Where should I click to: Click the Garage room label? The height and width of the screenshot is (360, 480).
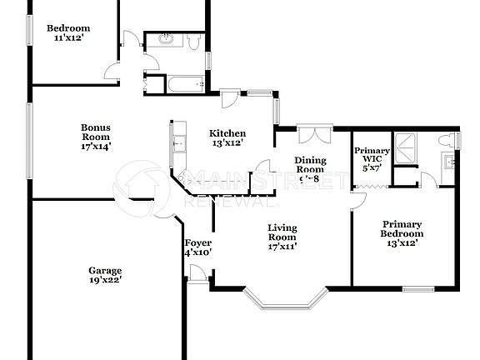(106, 271)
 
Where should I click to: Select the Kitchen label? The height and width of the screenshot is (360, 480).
(227, 133)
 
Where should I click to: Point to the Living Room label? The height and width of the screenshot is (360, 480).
(283, 227)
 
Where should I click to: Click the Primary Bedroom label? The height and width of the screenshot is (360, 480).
(402, 224)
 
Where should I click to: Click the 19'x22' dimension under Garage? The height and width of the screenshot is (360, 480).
(106, 281)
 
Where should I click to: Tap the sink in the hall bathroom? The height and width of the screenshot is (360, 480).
(162, 41)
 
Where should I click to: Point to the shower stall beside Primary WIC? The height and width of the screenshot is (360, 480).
(407, 147)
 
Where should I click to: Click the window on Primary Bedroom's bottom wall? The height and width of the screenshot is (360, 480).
(417, 290)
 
